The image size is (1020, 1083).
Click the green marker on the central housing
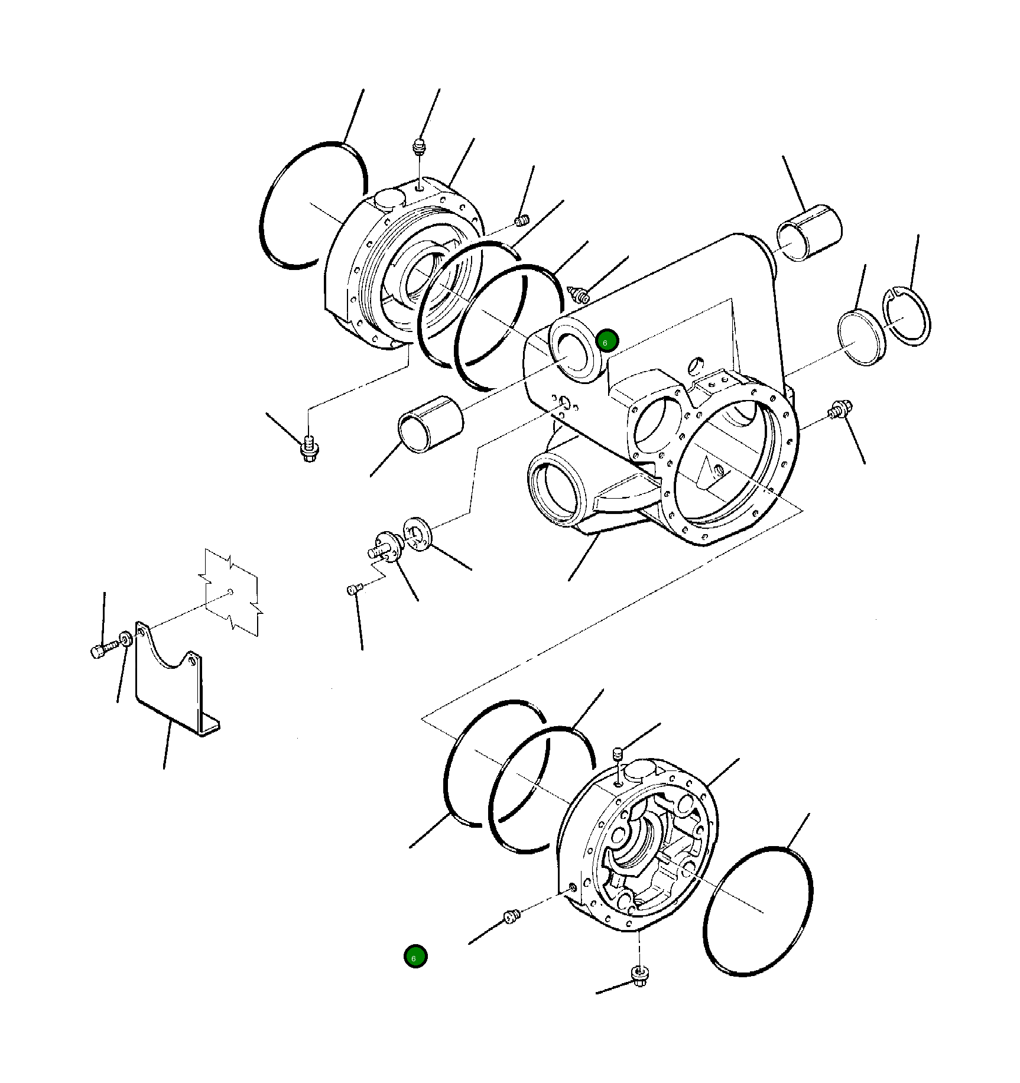607,341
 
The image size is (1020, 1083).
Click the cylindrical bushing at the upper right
810,233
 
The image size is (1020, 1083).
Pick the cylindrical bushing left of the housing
430,424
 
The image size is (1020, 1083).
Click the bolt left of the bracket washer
100,651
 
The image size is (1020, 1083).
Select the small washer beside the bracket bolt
125,639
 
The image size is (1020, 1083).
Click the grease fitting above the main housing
579,294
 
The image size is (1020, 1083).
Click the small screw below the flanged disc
353,589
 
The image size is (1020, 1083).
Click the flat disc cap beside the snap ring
861,337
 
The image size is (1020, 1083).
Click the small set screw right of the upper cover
521,221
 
